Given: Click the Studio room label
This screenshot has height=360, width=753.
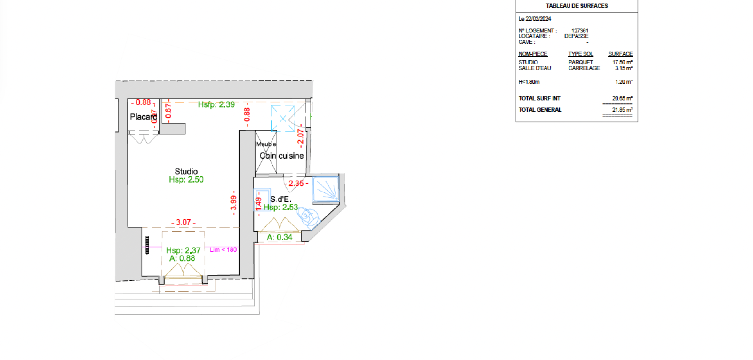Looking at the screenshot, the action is [186, 171].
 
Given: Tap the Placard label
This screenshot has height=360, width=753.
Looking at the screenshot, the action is [144, 117].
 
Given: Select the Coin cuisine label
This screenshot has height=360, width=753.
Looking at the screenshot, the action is [281, 156].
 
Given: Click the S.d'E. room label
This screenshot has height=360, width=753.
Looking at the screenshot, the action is [280, 199].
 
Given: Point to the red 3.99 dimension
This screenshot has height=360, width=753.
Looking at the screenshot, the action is [233, 203].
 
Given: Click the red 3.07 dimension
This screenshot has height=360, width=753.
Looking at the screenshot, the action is [183, 223].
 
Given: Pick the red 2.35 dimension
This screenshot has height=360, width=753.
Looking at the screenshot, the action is [296, 184].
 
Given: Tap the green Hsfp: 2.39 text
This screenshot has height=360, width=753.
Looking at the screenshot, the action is [216, 104].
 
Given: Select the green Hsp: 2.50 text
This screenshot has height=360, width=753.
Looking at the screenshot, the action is [186, 179].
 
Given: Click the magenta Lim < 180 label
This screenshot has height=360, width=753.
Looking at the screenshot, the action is [223, 250].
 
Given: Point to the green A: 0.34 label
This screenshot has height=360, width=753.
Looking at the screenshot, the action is [280, 237].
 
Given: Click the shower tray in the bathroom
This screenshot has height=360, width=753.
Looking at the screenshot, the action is [326, 190].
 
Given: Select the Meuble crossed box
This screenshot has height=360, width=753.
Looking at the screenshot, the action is [266, 152].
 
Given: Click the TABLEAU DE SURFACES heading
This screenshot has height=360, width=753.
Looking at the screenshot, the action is [577, 6].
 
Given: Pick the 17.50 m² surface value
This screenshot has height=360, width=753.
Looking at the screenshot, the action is [622, 62].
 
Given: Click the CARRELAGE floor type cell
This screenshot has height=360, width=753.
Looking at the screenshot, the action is [584, 68].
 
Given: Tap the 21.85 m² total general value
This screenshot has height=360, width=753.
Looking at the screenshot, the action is [622, 110].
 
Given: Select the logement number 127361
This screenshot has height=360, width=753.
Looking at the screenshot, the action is [580, 31].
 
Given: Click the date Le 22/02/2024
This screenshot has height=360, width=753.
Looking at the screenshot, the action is [535, 19].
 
